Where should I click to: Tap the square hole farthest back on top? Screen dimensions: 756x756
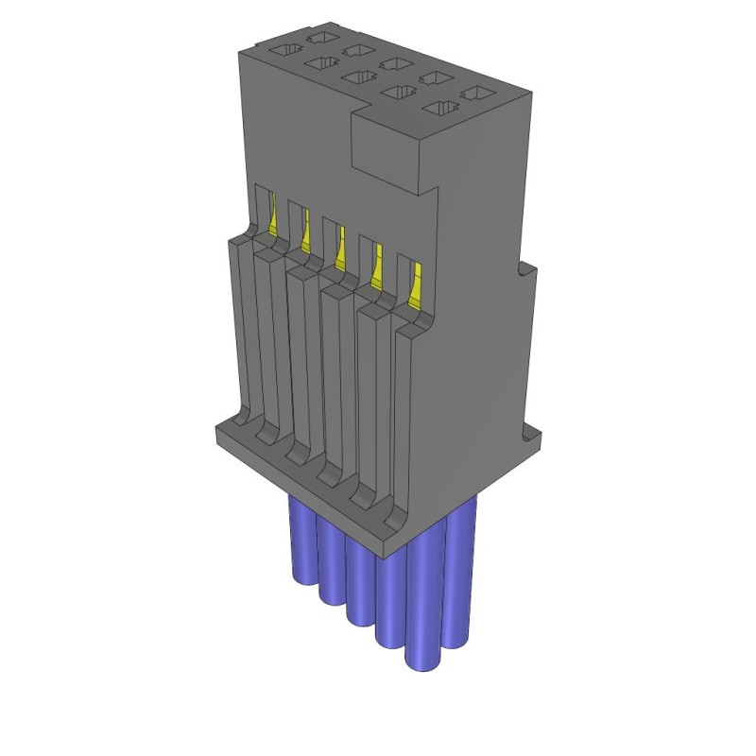click(321, 37)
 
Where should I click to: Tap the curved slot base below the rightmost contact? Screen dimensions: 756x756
click(397, 510)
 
